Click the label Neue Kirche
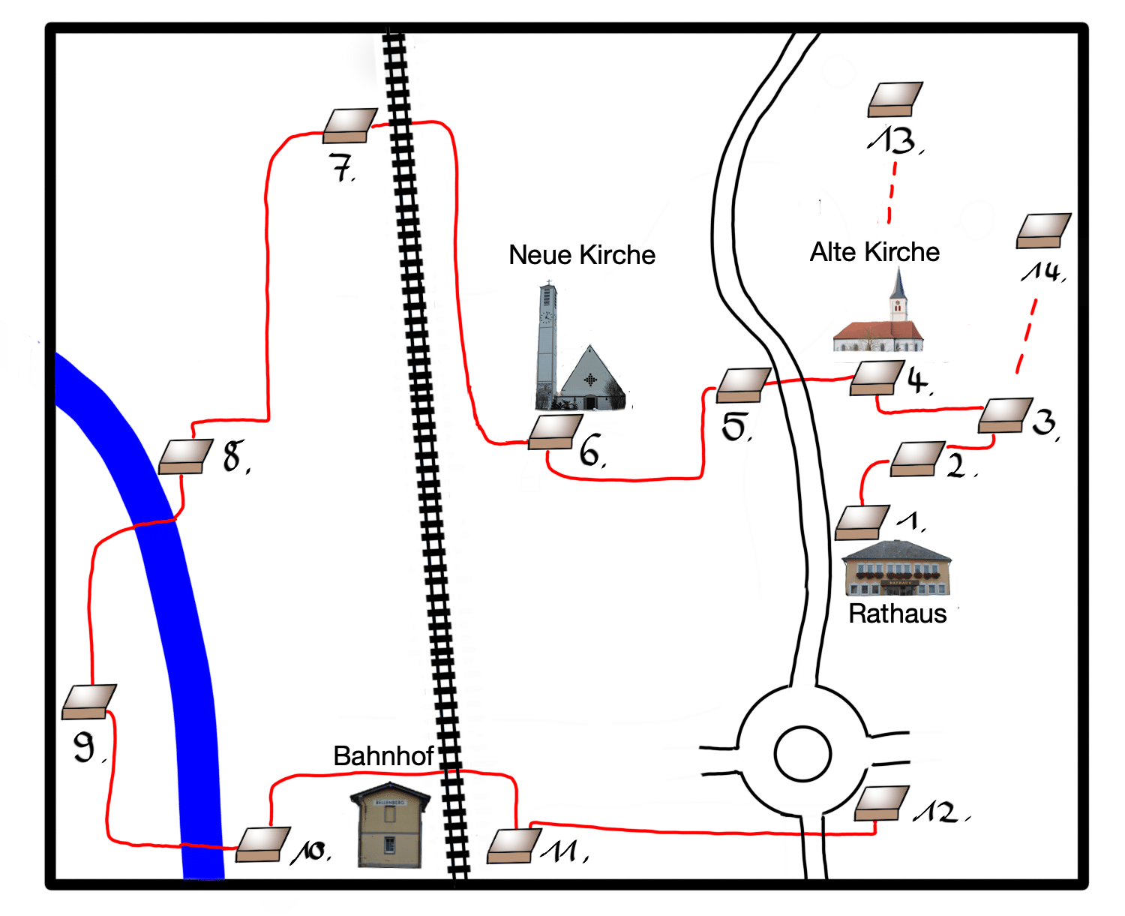pyautogui.click(x=581, y=255)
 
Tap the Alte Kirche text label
pyautogui.click(x=874, y=252)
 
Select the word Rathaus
pyautogui.click(x=897, y=614)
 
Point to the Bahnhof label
pyautogui.click(x=383, y=756)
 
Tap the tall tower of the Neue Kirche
pyautogui.click(x=547, y=345)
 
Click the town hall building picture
pyautogui.click(x=896, y=569)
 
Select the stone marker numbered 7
pyautogui.click(x=350, y=126)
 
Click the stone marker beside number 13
pyautogui.click(x=895, y=99)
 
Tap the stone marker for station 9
pyautogui.click(x=89, y=702)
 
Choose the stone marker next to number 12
pyautogui.click(x=881, y=803)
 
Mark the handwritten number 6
pyautogui.click(x=592, y=451)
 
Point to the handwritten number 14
pyautogui.click(x=1042, y=272)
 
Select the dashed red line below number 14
pyautogui.click(x=1026, y=337)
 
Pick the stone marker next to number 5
pyautogui.click(x=744, y=386)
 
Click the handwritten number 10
pyautogui.click(x=310, y=851)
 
